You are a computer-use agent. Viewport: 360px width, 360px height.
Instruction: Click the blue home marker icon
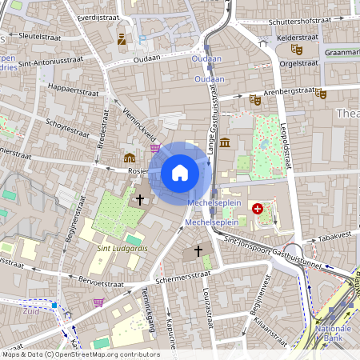tap(180, 173)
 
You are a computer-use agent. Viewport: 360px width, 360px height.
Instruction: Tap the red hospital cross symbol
tap(258, 209)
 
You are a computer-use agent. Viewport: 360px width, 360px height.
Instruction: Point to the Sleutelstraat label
tap(34, 37)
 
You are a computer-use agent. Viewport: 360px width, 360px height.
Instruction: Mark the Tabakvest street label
tap(333, 237)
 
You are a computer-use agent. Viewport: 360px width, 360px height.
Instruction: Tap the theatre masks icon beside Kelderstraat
tap(296, 49)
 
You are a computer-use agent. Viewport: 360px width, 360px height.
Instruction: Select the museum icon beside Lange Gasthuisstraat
tap(225, 142)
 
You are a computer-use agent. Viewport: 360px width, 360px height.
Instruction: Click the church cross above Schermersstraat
tap(198, 251)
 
